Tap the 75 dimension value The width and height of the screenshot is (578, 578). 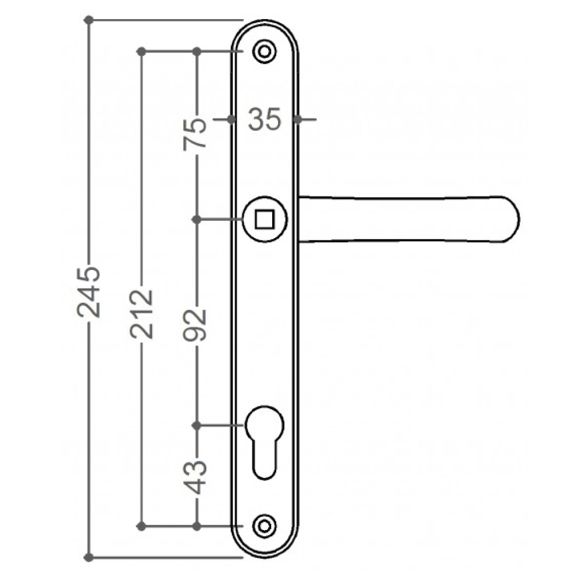(x=196, y=134)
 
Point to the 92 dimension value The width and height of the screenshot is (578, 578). (x=197, y=323)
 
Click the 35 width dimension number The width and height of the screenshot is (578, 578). (x=265, y=120)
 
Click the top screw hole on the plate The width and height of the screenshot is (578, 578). (x=265, y=51)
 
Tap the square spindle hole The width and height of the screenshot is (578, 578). (x=265, y=220)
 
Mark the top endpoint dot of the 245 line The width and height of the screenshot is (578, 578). (x=89, y=20)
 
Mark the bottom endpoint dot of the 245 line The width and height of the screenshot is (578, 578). (x=89, y=558)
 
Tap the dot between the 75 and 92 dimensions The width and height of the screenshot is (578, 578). (x=197, y=220)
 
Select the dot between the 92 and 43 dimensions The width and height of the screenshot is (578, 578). (x=197, y=425)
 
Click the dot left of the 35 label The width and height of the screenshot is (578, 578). (x=231, y=120)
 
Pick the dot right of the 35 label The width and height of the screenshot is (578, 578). (x=297, y=120)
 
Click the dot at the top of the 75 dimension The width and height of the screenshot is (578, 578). (x=197, y=51)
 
